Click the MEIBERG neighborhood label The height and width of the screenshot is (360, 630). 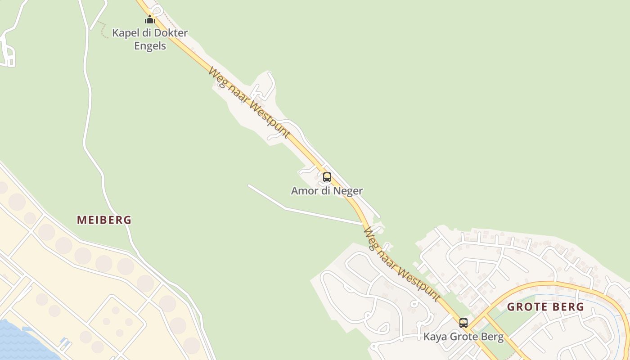click(x=104, y=220)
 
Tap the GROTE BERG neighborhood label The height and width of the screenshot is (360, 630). click(x=545, y=307)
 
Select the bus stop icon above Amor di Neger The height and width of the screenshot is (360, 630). click(x=327, y=177)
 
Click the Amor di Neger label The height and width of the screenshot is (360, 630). click(x=327, y=191)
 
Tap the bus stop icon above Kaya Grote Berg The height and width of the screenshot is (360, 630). click(x=463, y=323)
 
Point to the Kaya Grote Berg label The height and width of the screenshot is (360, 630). click(x=463, y=337)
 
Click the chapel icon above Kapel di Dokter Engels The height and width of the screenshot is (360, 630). click(x=150, y=20)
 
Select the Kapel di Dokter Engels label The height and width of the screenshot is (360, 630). click(x=150, y=39)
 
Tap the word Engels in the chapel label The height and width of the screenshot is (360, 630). click(x=150, y=46)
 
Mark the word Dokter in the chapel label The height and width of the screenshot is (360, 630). click(x=171, y=33)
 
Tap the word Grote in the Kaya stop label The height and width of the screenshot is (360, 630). click(x=464, y=337)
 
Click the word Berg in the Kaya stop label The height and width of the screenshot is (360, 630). click(x=493, y=337)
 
